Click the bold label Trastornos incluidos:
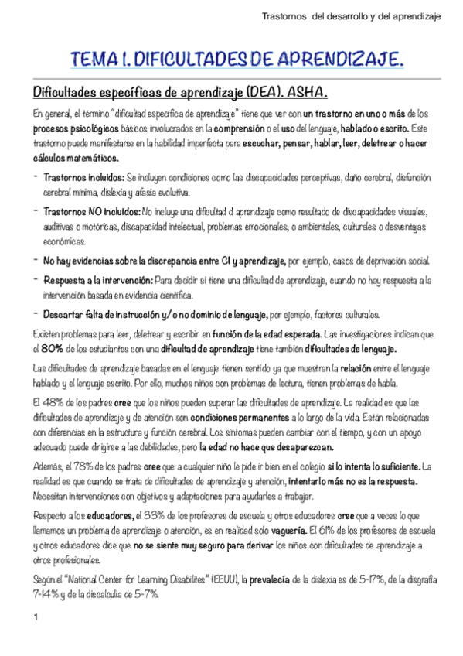[83, 177]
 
